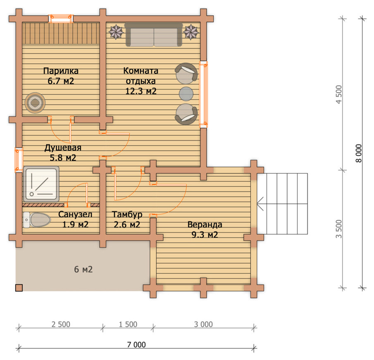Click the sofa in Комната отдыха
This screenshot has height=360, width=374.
pyautogui.click(x=154, y=35)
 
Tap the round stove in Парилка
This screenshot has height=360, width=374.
pyautogui.click(x=35, y=103)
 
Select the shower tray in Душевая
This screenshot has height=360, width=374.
pyautogui.click(x=41, y=184)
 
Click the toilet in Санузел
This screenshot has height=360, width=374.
pyautogui.click(x=37, y=220)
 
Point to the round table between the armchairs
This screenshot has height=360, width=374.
pyautogui.click(x=186, y=94)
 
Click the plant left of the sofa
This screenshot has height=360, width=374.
pyautogui.click(x=116, y=31)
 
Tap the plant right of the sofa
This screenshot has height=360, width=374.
pyautogui.click(x=191, y=31)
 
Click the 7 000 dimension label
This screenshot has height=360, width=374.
pyautogui.click(x=136, y=345)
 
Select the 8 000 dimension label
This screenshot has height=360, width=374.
pyautogui.click(x=359, y=154)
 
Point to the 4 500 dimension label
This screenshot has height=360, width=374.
pyautogui.click(x=339, y=94)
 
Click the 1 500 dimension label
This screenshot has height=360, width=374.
pyautogui.click(x=128, y=324)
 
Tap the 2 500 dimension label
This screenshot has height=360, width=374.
pyautogui.click(x=61, y=324)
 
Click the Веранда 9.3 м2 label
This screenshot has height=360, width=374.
pyautogui.click(x=205, y=230)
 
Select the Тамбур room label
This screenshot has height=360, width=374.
pyautogui.click(x=127, y=214)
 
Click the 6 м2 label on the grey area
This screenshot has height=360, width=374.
pyautogui.click(x=83, y=269)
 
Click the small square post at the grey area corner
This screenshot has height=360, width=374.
pyautogui.click(x=19, y=288)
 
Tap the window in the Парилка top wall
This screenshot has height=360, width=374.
pyautogui.click(x=61, y=19)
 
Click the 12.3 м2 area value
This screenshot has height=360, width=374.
pyautogui.click(x=141, y=91)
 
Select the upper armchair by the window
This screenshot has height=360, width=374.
pyautogui.click(x=186, y=73)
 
